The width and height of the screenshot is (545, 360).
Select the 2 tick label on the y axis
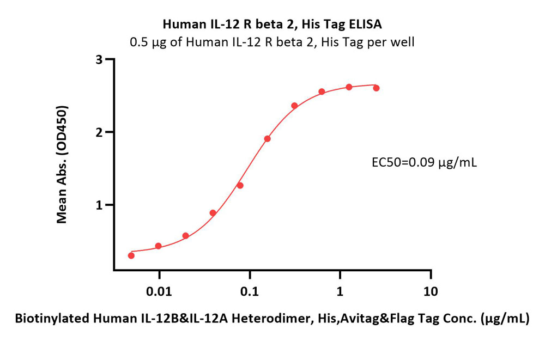(99, 132)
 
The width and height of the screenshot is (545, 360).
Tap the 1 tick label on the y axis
(99, 205)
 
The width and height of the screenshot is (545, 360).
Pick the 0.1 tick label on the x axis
(250, 291)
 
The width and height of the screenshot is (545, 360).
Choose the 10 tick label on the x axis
(431, 291)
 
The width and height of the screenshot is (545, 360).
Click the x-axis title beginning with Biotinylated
(272, 320)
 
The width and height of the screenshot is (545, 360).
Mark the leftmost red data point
(131, 255)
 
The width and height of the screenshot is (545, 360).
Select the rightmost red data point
(376, 88)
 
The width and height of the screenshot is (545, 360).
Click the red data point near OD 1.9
(267, 138)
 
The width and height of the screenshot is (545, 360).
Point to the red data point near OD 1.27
(240, 185)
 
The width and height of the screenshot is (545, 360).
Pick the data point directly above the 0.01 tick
(158, 246)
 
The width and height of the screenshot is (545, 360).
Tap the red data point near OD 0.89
(213, 213)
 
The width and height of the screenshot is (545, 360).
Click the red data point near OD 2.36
(294, 106)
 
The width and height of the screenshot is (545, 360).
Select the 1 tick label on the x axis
(340, 291)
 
